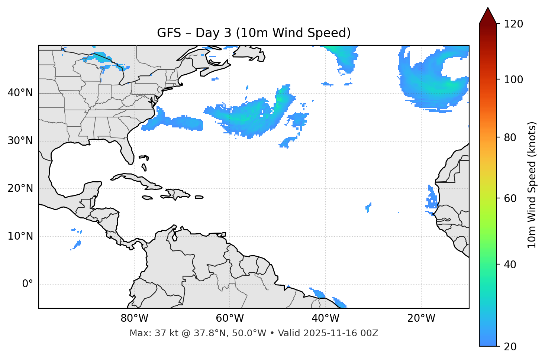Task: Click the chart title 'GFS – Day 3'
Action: pos(254,33)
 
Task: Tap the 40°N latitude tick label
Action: pos(20,93)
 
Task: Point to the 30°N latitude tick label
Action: pos(20,141)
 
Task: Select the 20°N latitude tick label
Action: pos(20,188)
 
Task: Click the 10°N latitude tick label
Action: pos(20,236)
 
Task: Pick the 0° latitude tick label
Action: pos(28,284)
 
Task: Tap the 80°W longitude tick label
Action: pos(134,318)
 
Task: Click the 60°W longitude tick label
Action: pos(230,318)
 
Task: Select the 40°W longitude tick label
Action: pos(325,318)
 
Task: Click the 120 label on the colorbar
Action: pos(513,24)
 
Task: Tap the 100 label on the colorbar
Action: pos(513,80)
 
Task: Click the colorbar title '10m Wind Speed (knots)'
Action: pos(532,185)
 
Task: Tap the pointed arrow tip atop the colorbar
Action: pos(488,8)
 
